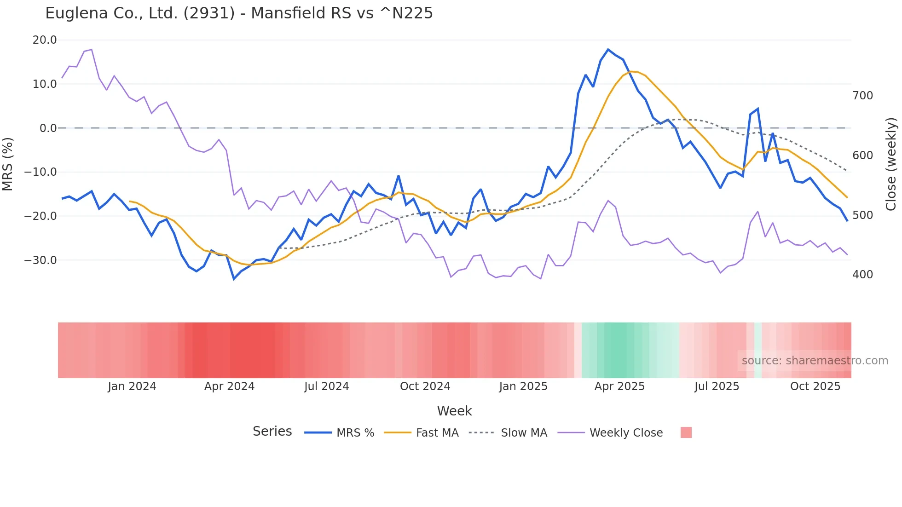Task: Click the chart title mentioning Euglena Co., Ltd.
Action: tap(239, 13)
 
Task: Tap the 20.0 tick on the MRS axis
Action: tap(45, 40)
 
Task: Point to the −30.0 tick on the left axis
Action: tap(40, 260)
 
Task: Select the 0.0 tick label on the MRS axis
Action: tap(48, 128)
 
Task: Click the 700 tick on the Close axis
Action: tap(862, 96)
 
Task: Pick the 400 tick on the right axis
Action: tap(862, 275)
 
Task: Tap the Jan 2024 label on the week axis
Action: tap(132, 386)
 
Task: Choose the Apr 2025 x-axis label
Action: tap(619, 386)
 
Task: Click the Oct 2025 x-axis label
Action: tap(815, 386)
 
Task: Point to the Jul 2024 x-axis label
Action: tap(326, 386)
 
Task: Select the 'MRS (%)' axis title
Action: tap(8, 164)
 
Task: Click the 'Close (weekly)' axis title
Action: tap(891, 164)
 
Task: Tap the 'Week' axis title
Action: tap(454, 411)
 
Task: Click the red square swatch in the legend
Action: tap(686, 432)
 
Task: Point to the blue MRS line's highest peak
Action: tap(608, 49)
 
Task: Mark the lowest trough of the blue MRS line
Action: tap(234, 279)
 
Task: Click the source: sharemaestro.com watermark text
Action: tap(815, 361)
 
